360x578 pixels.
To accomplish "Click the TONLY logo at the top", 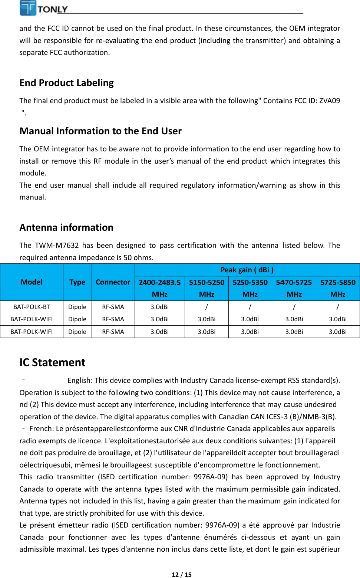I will (44, 9).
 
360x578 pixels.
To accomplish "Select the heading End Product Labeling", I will (67, 83).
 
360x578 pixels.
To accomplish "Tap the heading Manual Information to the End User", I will (100, 131).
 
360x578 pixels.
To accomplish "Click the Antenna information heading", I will (66, 227).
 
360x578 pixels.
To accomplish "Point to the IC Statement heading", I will (52, 362).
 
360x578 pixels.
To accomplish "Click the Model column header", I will (32, 282).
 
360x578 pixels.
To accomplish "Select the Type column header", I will (77, 282).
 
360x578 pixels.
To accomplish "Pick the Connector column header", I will (113, 282).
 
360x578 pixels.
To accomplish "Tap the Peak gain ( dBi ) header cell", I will (247, 270).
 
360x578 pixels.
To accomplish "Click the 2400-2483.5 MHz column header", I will (159, 288).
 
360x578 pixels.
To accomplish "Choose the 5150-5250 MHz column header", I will (207, 288).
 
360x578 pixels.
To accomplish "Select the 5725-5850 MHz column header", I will (338, 288).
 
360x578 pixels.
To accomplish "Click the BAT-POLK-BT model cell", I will (32, 307).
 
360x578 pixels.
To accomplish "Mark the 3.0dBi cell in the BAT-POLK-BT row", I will (159, 307).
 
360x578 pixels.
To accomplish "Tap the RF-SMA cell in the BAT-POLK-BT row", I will (113, 307).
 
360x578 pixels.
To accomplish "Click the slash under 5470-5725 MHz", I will (294, 307).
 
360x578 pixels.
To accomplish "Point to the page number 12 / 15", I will (182, 575).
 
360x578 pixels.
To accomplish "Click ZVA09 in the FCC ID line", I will (330, 101).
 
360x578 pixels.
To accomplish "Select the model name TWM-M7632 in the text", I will (57, 245).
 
